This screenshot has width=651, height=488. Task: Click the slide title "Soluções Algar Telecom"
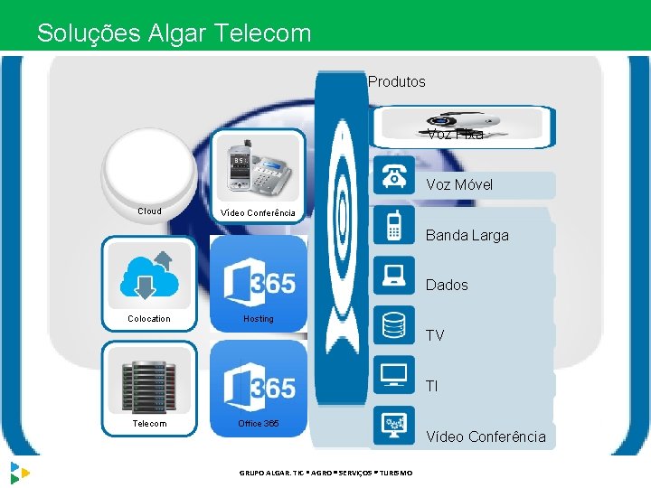point(174,33)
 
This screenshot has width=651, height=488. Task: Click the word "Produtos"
point(397,81)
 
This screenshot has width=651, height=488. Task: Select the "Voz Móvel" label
point(459,184)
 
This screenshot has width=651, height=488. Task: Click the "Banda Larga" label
point(467,235)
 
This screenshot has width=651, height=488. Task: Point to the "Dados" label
point(447,285)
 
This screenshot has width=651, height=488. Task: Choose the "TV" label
point(435,335)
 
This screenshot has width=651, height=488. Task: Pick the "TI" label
point(431,386)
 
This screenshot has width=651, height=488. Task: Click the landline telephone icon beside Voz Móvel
point(393,175)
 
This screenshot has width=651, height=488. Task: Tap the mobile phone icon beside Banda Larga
point(393,226)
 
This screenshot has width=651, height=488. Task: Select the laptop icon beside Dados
point(393,275)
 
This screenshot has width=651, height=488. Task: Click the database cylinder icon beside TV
point(393,324)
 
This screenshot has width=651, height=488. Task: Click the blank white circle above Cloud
point(148,168)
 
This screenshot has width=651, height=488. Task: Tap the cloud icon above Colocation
point(148,273)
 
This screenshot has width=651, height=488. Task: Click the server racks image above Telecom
point(148,380)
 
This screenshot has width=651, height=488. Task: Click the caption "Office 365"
point(259,423)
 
